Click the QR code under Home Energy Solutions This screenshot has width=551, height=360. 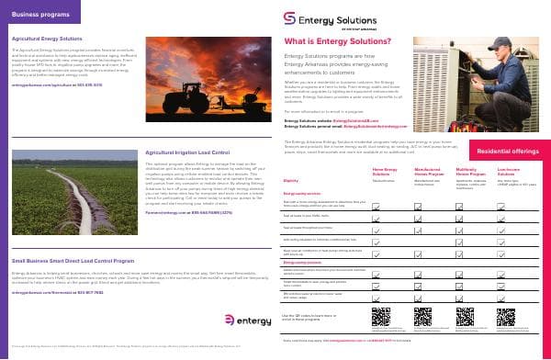[x=381, y=318]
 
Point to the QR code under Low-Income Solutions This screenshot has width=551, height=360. [x=506, y=318]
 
